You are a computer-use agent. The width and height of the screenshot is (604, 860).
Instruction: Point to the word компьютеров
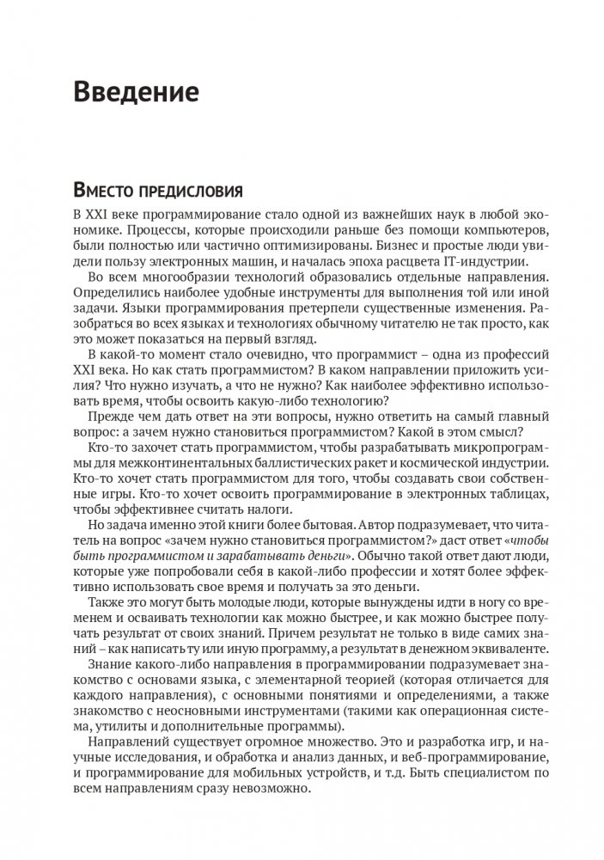(485, 230)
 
